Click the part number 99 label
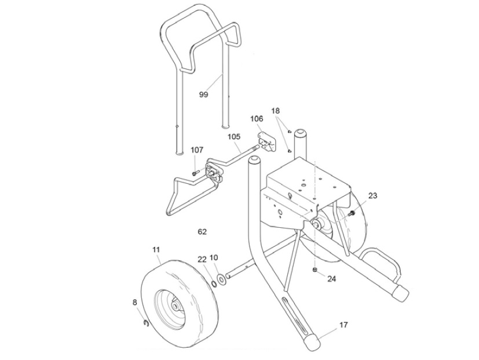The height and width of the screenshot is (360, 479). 203,94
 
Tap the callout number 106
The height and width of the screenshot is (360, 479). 257,119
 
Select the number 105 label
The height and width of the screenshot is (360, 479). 233,137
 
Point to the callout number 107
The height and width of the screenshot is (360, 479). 197,150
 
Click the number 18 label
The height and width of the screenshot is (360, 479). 275,110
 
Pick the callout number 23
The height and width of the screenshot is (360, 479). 372,196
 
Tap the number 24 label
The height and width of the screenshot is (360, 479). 331,279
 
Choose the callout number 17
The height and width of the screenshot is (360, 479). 343,325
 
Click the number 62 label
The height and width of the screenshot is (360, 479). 202,232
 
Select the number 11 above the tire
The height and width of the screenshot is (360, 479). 156,250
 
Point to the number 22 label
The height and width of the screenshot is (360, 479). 202,259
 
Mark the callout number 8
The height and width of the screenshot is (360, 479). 135,302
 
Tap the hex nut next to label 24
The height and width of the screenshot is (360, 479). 314,271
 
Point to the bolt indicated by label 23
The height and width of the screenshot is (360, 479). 350,216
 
